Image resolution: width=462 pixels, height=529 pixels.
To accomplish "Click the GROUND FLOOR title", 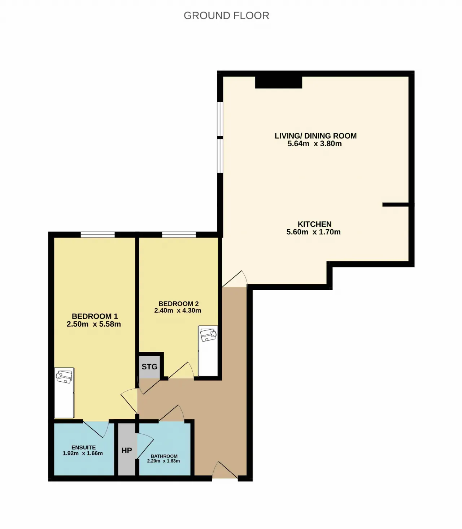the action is pos(226,16).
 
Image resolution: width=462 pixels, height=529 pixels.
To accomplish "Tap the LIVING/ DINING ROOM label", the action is pos(315,136).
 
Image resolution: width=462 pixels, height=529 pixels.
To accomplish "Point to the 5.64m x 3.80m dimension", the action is pos(314,144).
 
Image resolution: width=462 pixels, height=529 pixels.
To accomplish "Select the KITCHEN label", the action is pos(314,224).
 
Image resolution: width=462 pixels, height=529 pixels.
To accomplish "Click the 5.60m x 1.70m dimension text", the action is pos(313,232).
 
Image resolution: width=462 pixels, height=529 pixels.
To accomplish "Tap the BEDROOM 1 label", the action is pos(95,316).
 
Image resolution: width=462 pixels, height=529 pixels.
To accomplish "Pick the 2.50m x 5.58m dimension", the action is pos(94,324).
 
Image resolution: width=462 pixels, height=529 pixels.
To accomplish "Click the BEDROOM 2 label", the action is pos(179,304).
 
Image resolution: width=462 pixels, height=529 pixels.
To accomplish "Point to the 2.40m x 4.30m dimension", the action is pos(178,311).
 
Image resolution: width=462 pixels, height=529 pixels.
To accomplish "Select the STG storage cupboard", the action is pos(149,367).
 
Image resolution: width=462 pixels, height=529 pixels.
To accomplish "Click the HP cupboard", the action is pos(127,451).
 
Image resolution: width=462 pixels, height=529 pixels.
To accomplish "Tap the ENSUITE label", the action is pos(83,447).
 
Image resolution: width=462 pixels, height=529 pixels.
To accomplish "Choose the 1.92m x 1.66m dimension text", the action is pos(83,453).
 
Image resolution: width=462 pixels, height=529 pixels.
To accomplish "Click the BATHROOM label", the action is pos(164,456).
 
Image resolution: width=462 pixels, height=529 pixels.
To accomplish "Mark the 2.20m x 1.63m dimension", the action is pos(163,461).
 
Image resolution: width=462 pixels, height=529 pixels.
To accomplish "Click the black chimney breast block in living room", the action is pos(279,82).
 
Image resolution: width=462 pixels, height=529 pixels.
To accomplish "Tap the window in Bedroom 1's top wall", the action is pos(98,234).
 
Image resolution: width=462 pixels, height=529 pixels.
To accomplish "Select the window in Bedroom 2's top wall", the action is pos(179,234).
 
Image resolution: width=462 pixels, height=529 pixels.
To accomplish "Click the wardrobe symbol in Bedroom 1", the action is pos(64,393).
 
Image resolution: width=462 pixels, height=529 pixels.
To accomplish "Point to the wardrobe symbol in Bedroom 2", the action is pos(208,351).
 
